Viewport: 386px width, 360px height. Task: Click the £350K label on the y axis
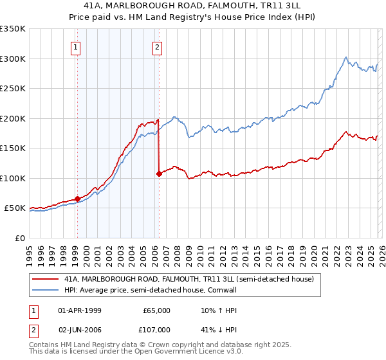point(13,29)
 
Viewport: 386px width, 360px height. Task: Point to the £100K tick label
point(13,178)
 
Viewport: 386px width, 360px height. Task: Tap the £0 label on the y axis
point(21,238)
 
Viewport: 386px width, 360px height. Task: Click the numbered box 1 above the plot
point(77,46)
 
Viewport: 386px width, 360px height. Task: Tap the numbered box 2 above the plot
point(158,46)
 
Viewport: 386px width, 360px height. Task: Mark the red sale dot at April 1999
point(77,199)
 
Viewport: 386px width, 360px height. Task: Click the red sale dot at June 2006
point(159,174)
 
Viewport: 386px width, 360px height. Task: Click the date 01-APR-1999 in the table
point(79,310)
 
